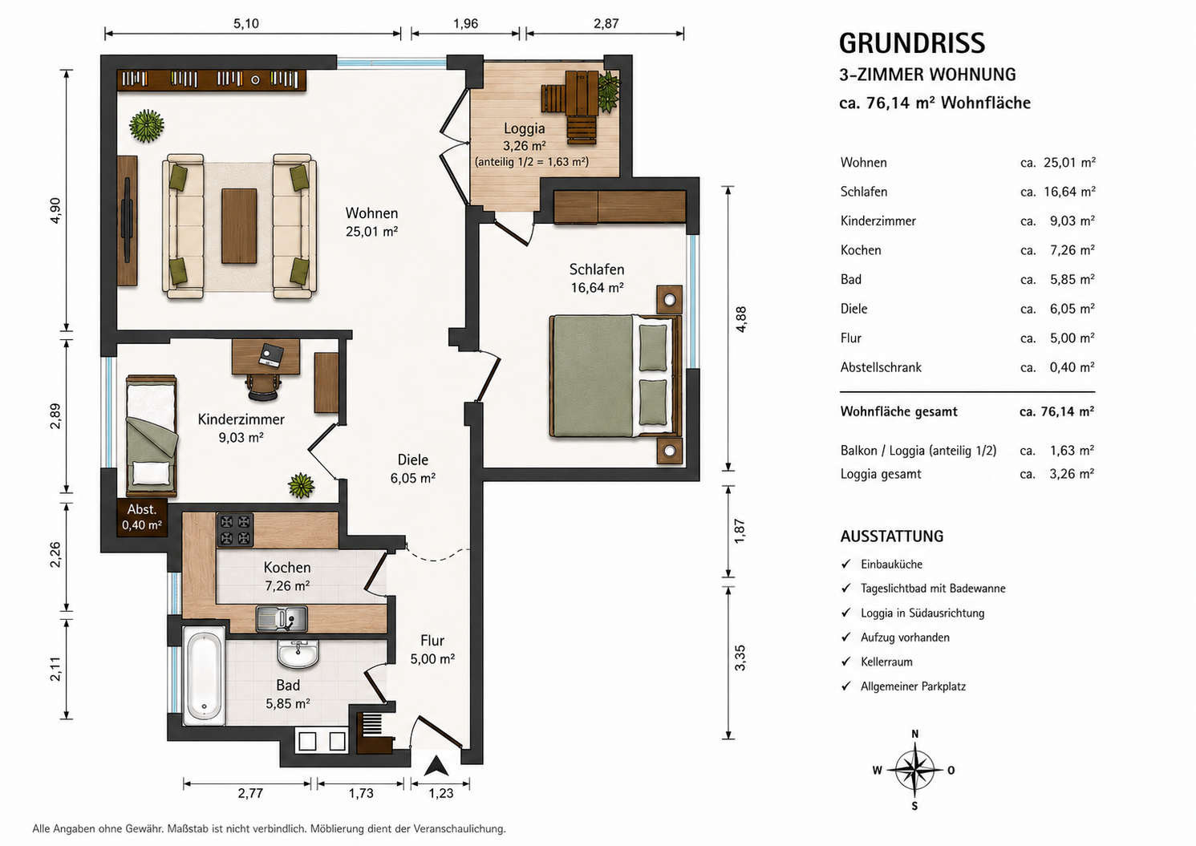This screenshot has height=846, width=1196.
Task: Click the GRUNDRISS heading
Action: (912, 44)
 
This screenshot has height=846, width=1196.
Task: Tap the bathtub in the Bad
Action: (204, 675)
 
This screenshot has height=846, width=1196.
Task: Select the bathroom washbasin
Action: (298, 654)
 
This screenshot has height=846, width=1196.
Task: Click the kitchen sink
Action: (282, 619)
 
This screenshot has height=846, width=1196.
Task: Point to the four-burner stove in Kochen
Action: (235, 529)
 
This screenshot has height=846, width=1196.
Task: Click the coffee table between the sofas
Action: (239, 226)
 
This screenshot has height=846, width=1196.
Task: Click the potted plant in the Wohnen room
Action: (146, 126)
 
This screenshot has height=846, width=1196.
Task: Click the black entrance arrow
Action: (436, 766)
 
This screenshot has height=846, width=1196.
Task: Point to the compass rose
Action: (914, 770)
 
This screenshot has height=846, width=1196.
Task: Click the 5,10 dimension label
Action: (246, 23)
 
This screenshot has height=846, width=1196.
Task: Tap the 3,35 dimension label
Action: (740, 658)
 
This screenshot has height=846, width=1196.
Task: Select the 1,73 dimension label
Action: (361, 793)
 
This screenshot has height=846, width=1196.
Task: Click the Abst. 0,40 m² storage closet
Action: (141, 517)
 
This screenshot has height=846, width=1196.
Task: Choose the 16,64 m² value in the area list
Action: (1069, 192)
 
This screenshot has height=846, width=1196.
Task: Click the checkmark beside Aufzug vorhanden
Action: (845, 638)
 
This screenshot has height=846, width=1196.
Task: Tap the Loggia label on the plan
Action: (525, 128)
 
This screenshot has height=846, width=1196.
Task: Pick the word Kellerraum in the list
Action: (886, 662)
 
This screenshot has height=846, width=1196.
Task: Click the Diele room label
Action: (413, 459)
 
